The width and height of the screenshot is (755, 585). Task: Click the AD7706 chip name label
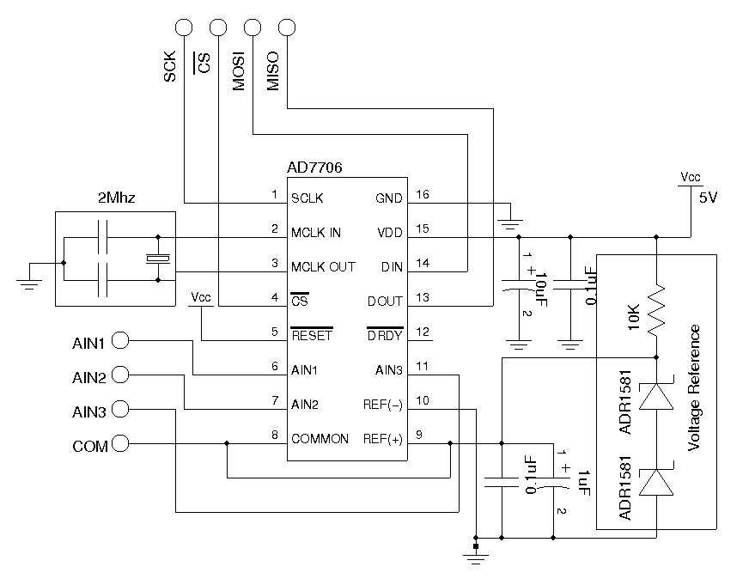point(314,169)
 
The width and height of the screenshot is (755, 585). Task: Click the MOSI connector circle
point(252,28)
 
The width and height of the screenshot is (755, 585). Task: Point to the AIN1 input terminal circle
point(121,341)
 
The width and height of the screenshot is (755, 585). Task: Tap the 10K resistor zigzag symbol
point(656,311)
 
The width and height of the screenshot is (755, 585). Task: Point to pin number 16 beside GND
point(422,195)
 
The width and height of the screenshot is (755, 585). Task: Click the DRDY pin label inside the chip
point(384,336)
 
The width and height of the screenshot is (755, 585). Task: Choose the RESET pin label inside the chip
point(311,336)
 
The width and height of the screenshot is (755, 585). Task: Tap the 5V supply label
point(708,197)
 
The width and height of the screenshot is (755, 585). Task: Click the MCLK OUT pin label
point(323,266)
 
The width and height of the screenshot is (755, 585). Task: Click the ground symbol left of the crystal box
point(30,283)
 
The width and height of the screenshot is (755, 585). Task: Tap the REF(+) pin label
point(382,438)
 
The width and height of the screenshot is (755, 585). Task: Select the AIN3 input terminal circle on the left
point(121,410)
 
